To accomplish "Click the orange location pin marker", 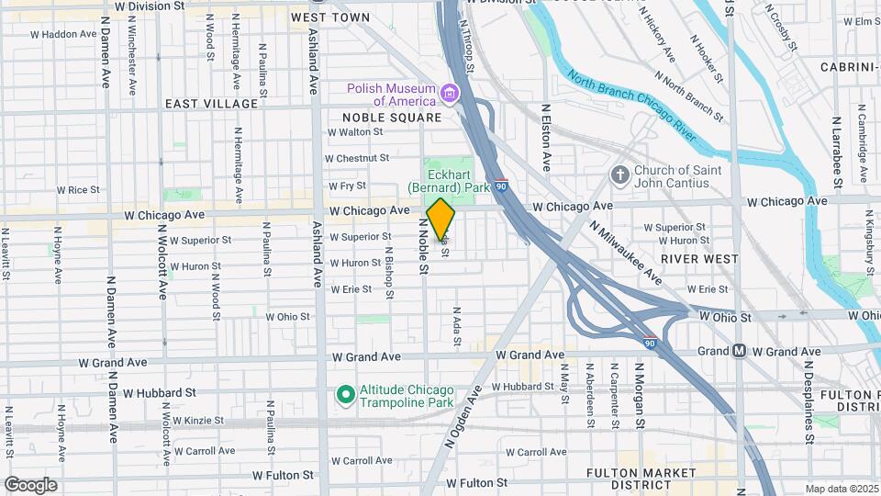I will pyautogui.click(x=441, y=220).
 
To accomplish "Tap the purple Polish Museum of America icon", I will pyautogui.click(x=449, y=93).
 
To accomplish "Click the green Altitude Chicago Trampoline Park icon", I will pyautogui.click(x=345, y=395).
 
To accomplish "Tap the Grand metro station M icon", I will pyautogui.click(x=740, y=351).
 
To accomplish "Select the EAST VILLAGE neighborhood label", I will pyautogui.click(x=212, y=104).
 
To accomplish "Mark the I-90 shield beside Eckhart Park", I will pyautogui.click(x=499, y=186).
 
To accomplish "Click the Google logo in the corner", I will pyautogui.click(x=30, y=484).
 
